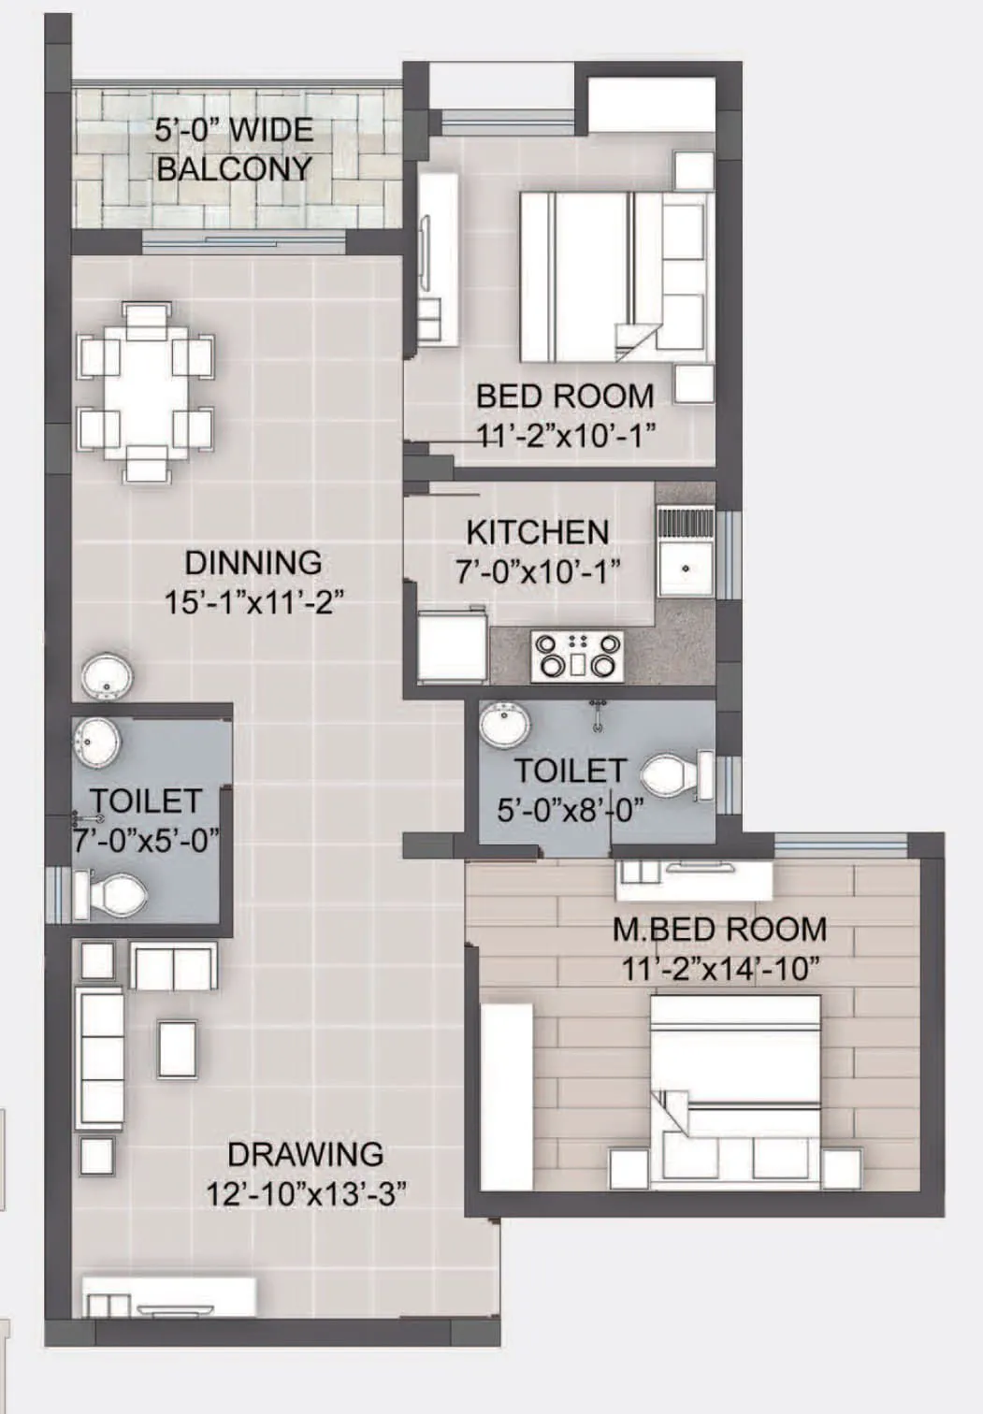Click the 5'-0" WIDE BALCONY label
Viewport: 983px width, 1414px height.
(234, 149)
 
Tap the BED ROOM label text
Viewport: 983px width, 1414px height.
(565, 396)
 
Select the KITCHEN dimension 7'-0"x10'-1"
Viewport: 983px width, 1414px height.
(538, 571)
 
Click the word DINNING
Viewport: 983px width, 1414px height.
(253, 563)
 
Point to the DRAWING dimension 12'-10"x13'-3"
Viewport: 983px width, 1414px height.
(306, 1193)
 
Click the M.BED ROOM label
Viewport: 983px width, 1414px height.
(719, 930)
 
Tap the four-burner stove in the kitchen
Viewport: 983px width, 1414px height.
(577, 655)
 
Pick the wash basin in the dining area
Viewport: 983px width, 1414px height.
(107, 677)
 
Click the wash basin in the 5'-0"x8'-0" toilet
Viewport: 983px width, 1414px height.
(505, 726)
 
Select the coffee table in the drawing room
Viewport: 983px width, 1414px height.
(178, 1048)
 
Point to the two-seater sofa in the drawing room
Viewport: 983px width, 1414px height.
(174, 966)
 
